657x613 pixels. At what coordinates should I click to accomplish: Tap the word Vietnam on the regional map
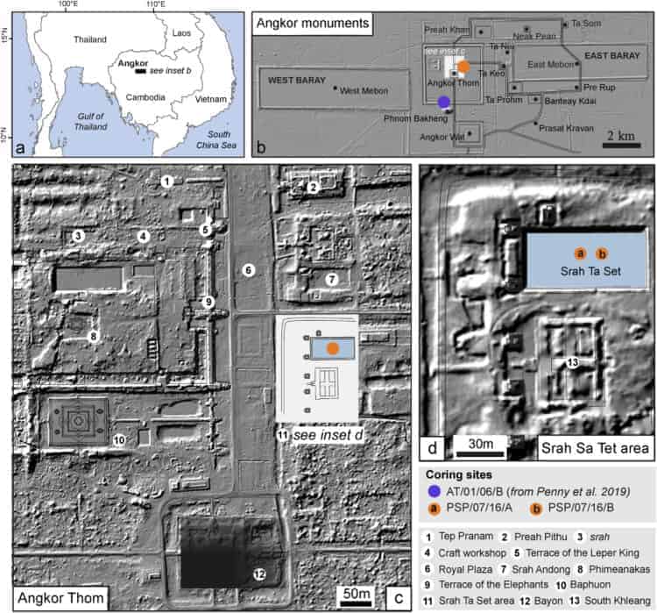pos(210,100)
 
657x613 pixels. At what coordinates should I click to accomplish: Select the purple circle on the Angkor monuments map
pos(445,103)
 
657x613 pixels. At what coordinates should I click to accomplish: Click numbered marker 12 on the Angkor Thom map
pos(259,574)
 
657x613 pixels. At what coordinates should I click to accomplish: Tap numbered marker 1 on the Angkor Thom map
pos(166,181)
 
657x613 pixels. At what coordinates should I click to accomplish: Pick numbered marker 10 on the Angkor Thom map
pos(120,438)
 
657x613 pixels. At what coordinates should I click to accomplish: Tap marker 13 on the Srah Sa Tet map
pos(572,362)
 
